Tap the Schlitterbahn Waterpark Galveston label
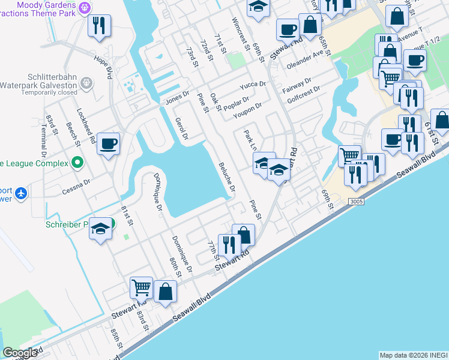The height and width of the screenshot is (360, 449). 51,85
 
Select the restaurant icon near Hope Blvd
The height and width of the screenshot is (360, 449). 99,26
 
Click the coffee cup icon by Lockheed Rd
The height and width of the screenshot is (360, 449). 109,145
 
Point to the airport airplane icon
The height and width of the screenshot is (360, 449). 22,193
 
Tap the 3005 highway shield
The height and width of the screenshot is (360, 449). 355,202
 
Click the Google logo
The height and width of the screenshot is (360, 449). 20,353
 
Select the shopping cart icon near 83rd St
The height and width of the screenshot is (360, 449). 142,287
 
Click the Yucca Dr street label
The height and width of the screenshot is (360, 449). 253,85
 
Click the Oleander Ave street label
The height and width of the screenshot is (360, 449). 310,61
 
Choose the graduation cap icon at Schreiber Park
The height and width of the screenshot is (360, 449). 101,229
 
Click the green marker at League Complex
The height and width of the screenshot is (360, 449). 77,162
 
